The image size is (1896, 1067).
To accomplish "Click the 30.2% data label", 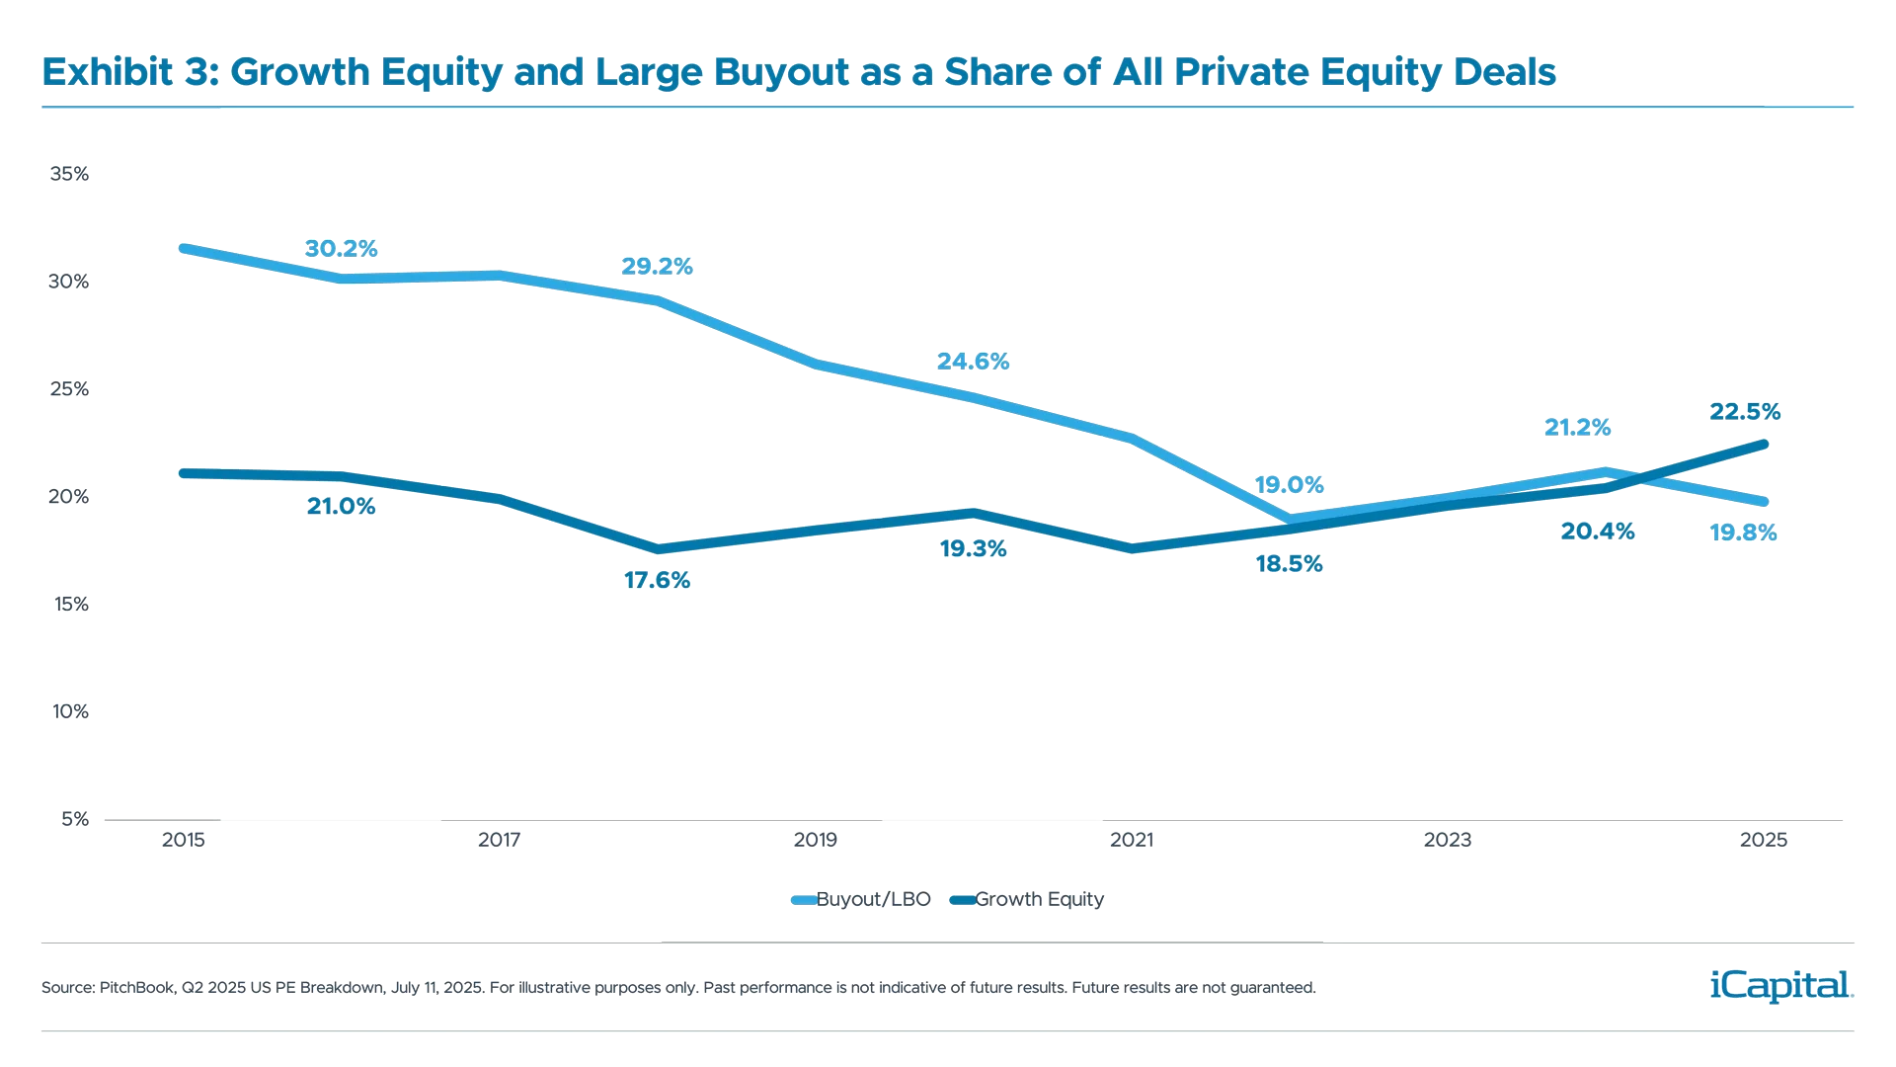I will point(341,249).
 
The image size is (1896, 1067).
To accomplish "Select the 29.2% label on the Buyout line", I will point(657,266).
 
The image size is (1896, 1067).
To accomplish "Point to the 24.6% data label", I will point(973,362).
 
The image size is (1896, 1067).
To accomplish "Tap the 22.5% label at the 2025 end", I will point(1744,411).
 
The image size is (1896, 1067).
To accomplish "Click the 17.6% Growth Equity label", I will point(657,581).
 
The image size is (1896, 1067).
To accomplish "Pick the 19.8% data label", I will point(1743,533).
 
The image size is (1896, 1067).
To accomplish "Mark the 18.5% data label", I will point(1289,565).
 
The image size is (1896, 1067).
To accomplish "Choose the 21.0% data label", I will point(341,507).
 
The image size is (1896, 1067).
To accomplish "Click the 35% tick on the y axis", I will point(69,175).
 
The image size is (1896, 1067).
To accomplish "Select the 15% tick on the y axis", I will point(69,605).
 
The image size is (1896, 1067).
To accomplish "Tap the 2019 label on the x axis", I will point(815,841).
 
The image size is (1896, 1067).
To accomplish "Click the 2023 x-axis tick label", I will point(1447,841).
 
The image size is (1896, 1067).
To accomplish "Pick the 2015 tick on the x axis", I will point(183,841).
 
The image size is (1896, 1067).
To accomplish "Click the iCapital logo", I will point(1777,985).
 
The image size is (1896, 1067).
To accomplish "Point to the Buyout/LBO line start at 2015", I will point(184,248).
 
